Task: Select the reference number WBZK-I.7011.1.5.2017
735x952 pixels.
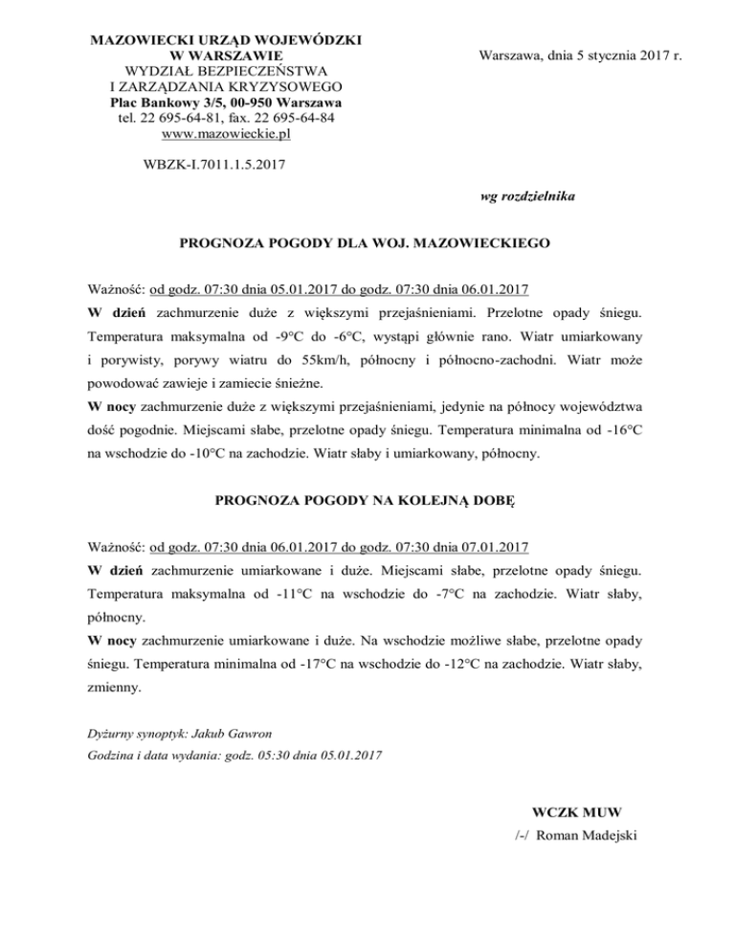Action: pos(212,164)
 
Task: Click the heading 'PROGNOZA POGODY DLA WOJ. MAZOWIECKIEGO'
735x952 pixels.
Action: pos(366,244)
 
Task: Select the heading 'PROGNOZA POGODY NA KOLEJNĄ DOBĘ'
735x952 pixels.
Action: pos(366,500)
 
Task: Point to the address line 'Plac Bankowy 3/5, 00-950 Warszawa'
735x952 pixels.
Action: pos(227,102)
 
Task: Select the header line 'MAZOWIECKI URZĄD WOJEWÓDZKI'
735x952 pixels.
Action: pos(226,41)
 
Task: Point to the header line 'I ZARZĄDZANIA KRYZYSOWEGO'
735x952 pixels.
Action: pos(227,86)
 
